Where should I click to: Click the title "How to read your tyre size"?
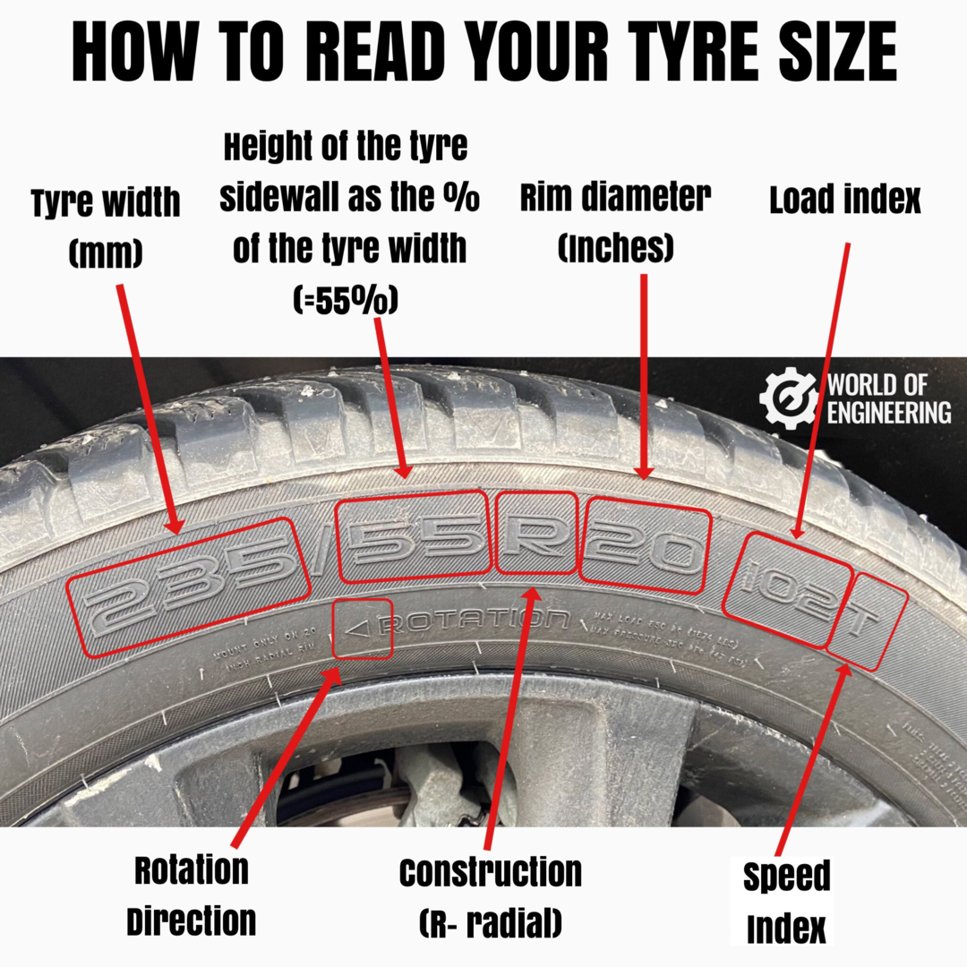(483, 52)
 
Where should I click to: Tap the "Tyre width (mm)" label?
(106, 227)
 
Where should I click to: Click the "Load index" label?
(844, 201)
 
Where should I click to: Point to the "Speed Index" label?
(786, 903)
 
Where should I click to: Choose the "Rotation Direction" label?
(191, 894)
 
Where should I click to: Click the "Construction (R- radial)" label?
(490, 897)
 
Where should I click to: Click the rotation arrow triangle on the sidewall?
(359, 629)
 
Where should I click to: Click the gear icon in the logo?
(787, 398)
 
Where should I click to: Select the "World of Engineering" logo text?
(887, 399)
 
